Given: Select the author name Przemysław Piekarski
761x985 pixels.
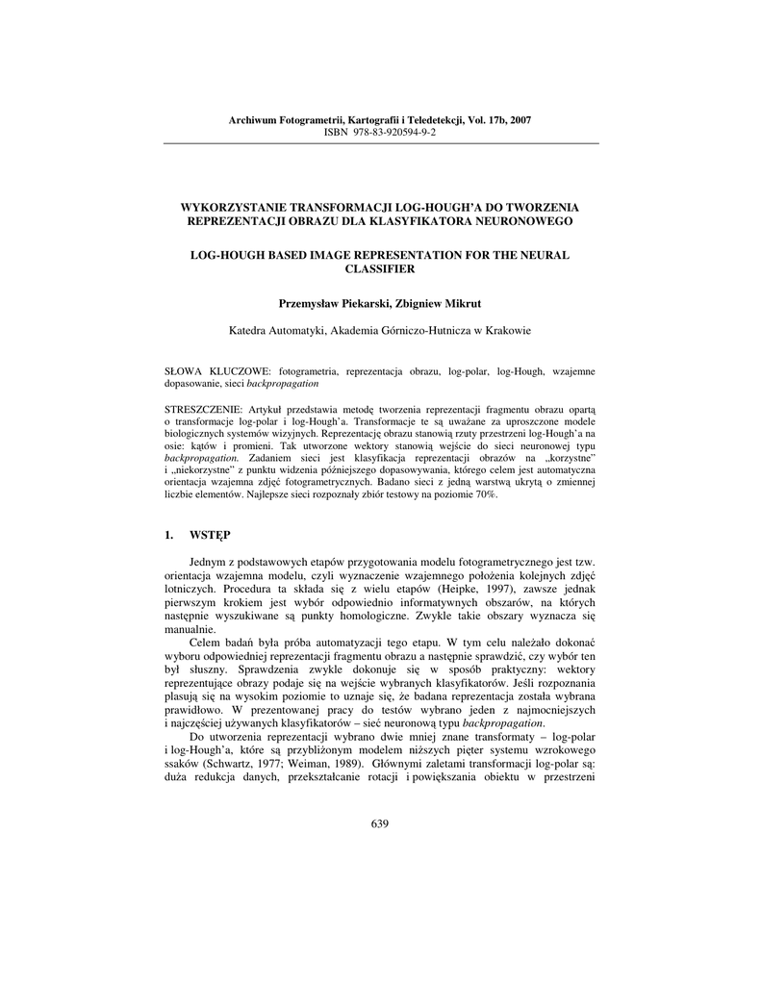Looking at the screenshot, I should tap(334, 303).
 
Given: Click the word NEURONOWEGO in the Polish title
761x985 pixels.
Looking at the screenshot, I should tap(526, 221).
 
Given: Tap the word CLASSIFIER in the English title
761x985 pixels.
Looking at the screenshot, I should tap(379, 269).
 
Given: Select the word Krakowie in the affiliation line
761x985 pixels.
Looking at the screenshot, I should tap(506, 330).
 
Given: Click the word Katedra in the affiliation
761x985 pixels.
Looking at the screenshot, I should tap(248, 330).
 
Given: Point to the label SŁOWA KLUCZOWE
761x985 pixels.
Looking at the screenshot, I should tap(219, 370).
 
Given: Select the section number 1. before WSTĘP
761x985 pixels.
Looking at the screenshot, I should tap(170, 534).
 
